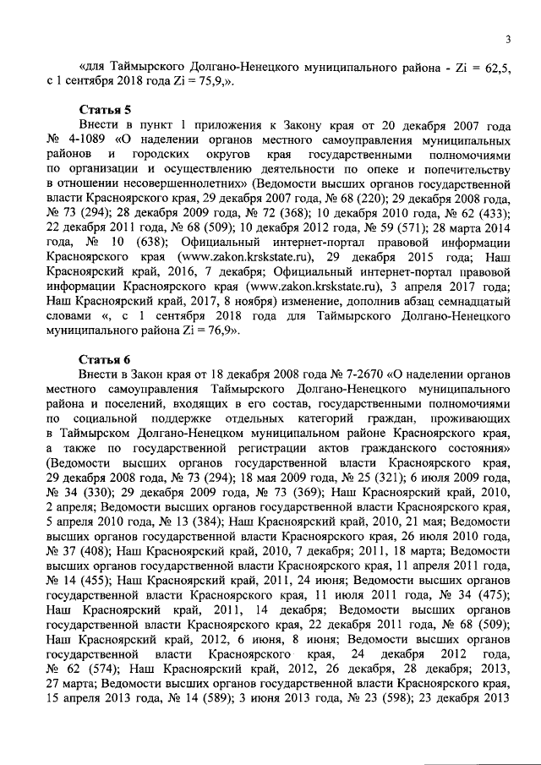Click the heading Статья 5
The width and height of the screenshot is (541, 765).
[x=104, y=110]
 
